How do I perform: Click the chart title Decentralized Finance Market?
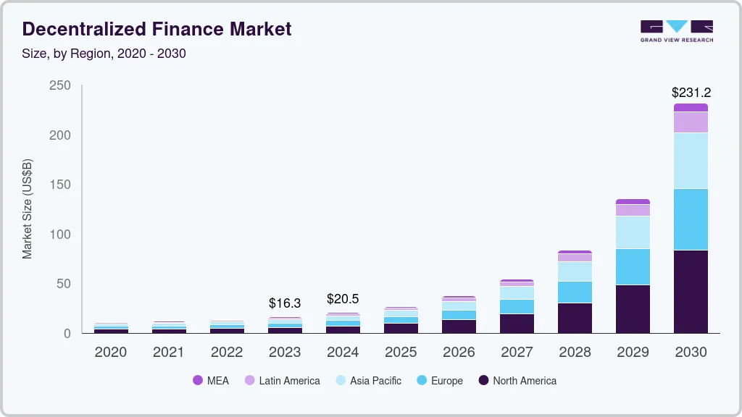(157, 29)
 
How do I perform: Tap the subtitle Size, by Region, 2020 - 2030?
(104, 54)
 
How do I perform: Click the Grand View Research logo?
(676, 30)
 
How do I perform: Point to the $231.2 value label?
(691, 93)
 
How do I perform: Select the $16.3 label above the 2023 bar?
(285, 303)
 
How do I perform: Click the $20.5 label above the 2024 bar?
(343, 299)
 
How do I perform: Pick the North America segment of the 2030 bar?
(691, 291)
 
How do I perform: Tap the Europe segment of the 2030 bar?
(691, 219)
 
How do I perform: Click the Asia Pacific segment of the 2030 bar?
(691, 161)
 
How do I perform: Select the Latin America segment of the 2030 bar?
(691, 122)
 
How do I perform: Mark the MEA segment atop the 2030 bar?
(691, 107)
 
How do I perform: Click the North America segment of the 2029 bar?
(633, 308)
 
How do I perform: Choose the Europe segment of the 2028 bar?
(575, 292)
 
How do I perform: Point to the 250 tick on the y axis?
(60, 85)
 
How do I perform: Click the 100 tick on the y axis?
(60, 235)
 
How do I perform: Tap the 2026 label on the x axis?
(459, 353)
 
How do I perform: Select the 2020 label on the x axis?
(111, 353)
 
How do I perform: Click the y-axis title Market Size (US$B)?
(28, 209)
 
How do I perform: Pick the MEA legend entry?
(210, 381)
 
